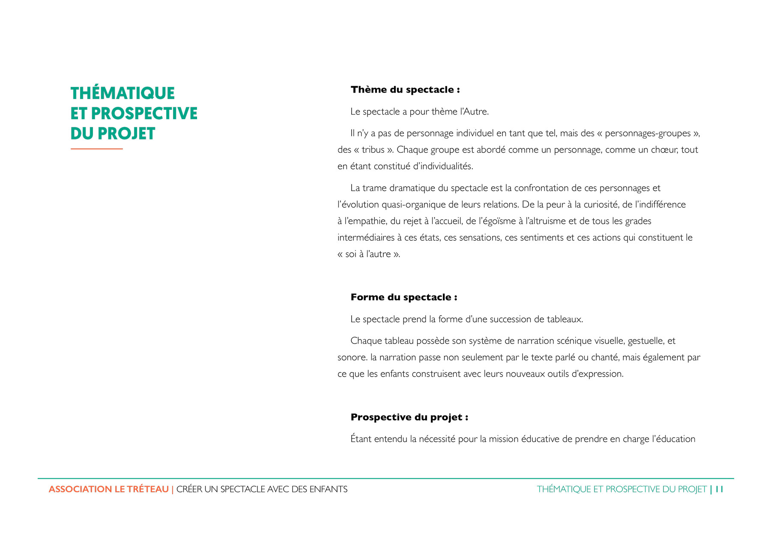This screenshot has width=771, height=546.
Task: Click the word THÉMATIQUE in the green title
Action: coord(123,94)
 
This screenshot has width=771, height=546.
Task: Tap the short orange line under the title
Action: coord(97,149)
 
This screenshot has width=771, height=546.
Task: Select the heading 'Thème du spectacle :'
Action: coord(405,90)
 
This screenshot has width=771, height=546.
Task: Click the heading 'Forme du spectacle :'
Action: coord(403,297)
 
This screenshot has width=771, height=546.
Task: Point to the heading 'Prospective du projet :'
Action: coord(409,417)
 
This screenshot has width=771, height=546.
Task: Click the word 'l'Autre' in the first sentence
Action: coord(474,112)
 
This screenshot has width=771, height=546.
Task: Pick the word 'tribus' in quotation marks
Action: coord(373,150)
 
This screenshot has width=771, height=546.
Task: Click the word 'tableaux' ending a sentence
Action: coord(565,319)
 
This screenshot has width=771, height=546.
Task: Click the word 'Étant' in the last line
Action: coord(361,439)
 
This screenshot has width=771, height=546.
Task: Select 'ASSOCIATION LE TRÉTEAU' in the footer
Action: coord(109,489)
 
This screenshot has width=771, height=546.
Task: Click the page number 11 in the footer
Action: coord(720,489)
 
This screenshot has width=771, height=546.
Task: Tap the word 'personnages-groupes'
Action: coord(648,133)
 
